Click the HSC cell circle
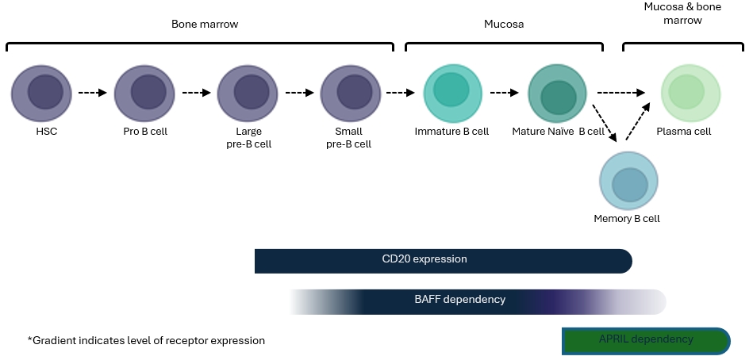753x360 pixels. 41,94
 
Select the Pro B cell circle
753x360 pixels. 144,94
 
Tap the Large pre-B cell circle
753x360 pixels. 247,94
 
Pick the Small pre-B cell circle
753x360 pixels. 350,94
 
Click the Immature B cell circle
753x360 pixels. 452,94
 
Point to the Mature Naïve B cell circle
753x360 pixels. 557,94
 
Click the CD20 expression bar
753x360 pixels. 443,261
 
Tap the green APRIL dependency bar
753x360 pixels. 645,340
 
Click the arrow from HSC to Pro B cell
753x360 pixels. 93,93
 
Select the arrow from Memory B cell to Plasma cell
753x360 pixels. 638,122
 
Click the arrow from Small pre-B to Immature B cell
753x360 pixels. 400,93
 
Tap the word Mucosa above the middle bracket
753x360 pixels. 504,25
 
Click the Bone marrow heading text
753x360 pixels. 205,25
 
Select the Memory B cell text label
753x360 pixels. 627,218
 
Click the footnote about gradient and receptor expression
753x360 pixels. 146,341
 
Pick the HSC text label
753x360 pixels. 41,132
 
